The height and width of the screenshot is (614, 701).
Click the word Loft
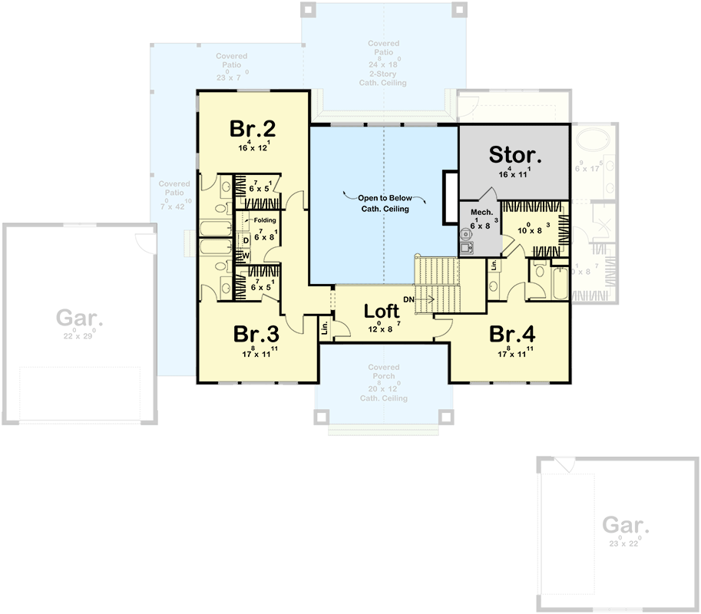click(x=382, y=311)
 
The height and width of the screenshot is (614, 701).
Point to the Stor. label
click(x=515, y=155)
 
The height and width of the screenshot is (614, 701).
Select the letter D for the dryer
click(x=245, y=241)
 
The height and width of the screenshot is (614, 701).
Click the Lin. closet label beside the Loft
click(x=325, y=328)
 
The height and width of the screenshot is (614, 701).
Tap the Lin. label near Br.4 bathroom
click(x=493, y=266)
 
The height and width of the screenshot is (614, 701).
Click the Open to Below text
click(x=383, y=197)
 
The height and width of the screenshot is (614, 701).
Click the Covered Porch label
click(x=383, y=372)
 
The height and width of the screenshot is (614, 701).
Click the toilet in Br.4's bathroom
click(x=540, y=272)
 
